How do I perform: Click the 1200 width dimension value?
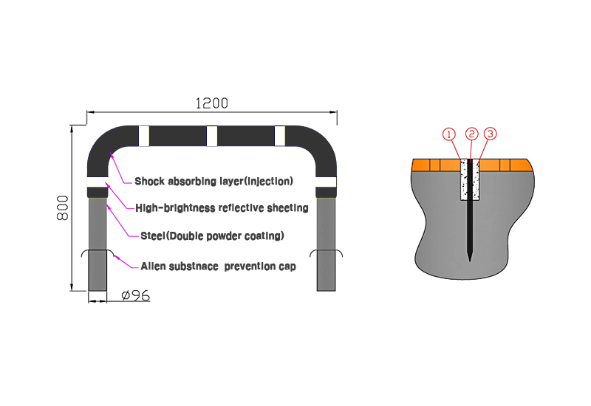(x=212, y=103)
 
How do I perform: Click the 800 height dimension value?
(x=63, y=207)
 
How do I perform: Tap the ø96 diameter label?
(x=136, y=295)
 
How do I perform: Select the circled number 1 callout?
(x=448, y=134)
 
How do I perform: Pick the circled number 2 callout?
(x=471, y=134)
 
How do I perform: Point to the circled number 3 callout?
(x=490, y=134)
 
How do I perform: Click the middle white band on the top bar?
(x=212, y=136)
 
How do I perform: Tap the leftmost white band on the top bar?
(x=144, y=136)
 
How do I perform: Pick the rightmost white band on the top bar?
(x=280, y=136)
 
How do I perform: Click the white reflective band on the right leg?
(x=326, y=182)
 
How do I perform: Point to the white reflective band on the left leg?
(x=98, y=182)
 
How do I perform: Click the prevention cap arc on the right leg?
(x=326, y=250)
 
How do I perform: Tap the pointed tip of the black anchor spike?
(x=469, y=261)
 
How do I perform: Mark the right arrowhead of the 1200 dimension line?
(x=334, y=112)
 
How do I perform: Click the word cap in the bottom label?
(x=287, y=266)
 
